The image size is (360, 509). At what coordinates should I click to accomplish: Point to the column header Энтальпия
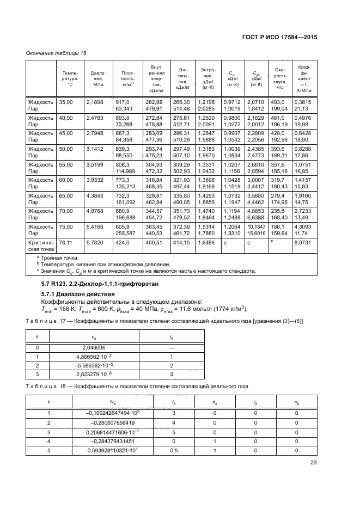coord(182,78)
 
